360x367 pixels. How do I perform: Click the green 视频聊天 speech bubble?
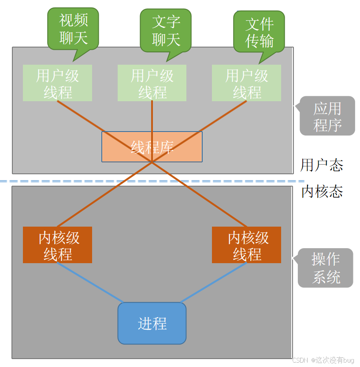(x=73, y=29)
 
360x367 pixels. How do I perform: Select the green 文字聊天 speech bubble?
(x=166, y=30)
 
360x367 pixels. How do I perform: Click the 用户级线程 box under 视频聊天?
(x=57, y=83)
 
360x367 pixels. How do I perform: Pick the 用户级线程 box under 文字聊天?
(x=152, y=83)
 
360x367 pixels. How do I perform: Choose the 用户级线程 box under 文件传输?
(x=246, y=83)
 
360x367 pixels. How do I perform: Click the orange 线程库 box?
(x=152, y=147)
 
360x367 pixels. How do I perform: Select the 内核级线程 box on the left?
(x=57, y=245)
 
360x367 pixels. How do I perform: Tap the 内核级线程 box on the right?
(x=246, y=245)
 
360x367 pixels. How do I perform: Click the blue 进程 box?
(x=152, y=323)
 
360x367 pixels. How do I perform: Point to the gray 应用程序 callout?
(x=327, y=116)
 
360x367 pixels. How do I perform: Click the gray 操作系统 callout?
(x=326, y=268)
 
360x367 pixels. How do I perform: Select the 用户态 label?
(x=322, y=165)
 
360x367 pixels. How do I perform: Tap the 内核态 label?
(x=322, y=191)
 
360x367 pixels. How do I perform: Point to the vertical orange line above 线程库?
(x=152, y=116)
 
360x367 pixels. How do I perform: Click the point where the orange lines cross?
(x=152, y=162)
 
